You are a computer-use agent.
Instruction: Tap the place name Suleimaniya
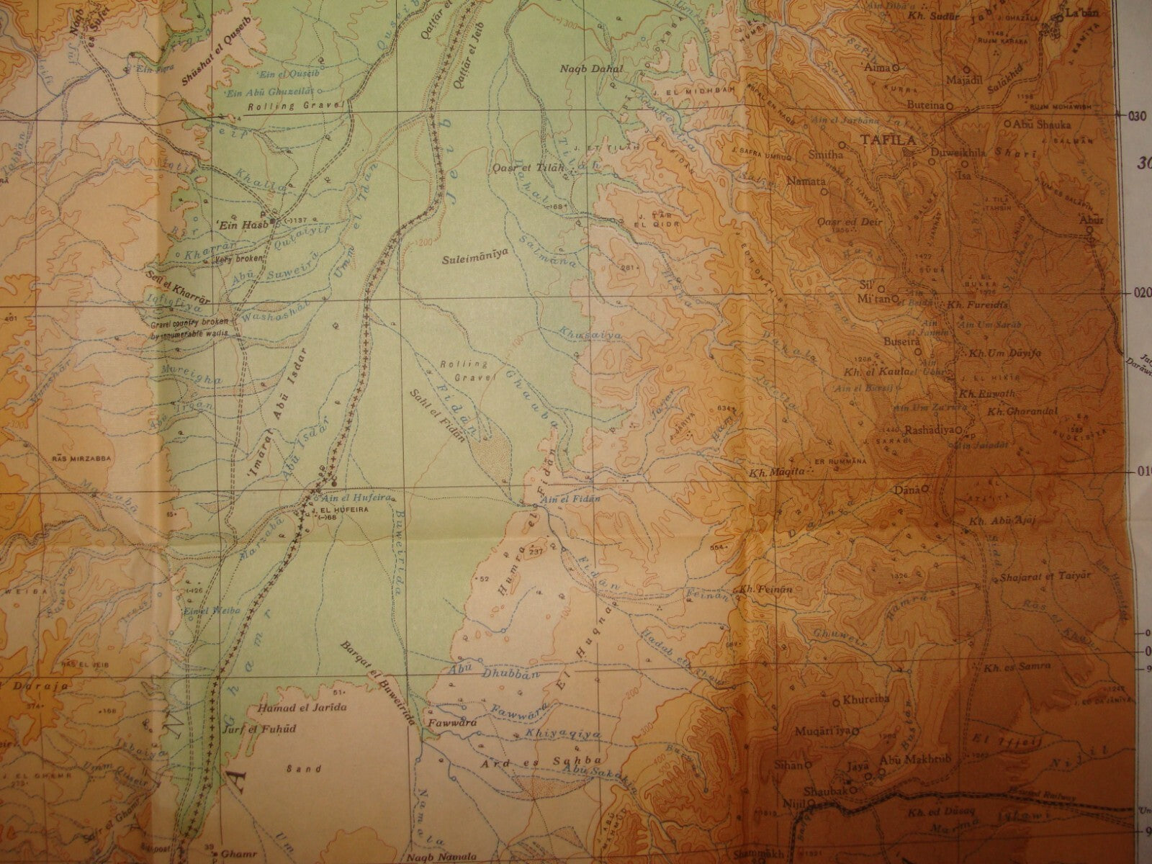pos(474,253)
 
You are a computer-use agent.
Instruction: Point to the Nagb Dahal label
pos(590,69)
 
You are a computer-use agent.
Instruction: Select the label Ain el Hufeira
pos(344,498)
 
